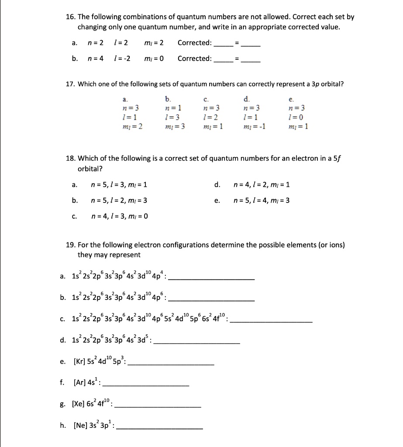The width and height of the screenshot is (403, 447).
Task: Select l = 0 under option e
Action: click(300, 118)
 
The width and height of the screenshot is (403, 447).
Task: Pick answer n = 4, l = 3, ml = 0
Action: click(120, 215)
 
